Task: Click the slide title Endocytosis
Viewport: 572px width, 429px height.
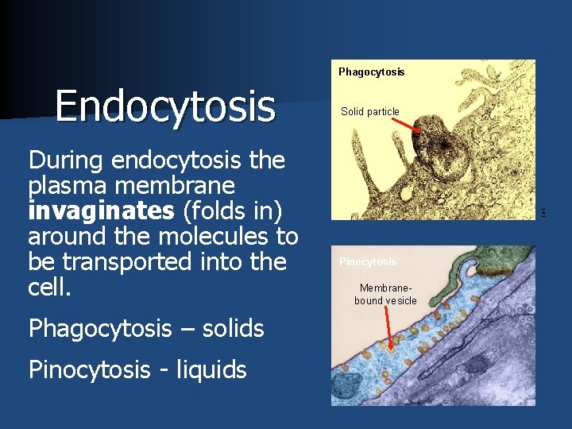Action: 164,106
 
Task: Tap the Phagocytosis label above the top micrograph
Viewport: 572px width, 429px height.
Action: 371,72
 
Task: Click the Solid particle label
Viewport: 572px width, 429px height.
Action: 369,112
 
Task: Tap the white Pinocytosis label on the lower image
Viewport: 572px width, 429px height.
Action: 368,262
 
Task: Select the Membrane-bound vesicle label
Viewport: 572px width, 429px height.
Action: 385,294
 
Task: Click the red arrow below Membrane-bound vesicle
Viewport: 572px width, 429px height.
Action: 388,330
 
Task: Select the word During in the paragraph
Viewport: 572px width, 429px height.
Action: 67,160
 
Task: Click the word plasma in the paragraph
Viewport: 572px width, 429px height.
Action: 67,186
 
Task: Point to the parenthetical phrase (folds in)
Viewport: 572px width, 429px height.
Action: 228,211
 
